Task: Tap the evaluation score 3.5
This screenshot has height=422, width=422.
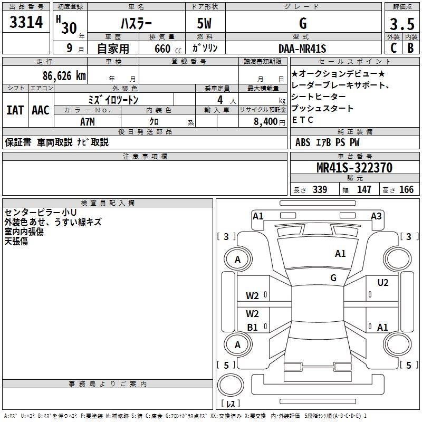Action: pos(402,24)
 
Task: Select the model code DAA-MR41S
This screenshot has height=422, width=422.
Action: pos(302,49)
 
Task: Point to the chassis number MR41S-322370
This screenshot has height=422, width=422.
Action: pos(354,168)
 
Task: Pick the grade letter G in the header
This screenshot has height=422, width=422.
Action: pos(302,23)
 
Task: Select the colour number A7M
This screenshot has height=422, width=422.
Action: pos(87,121)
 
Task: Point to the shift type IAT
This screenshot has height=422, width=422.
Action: pos(15,110)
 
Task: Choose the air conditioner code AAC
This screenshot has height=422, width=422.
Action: pos(41,110)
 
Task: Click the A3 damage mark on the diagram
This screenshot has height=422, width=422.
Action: pos(376,216)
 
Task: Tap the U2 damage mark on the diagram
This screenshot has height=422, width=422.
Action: pos(382,283)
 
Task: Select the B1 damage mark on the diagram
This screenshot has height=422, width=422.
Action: pos(253,328)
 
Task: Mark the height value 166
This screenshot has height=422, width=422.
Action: pos(406,190)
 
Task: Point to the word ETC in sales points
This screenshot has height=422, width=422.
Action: pos(303,120)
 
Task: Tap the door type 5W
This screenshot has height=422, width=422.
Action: pos(205,24)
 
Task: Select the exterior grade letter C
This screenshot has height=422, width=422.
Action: pos(393,49)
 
